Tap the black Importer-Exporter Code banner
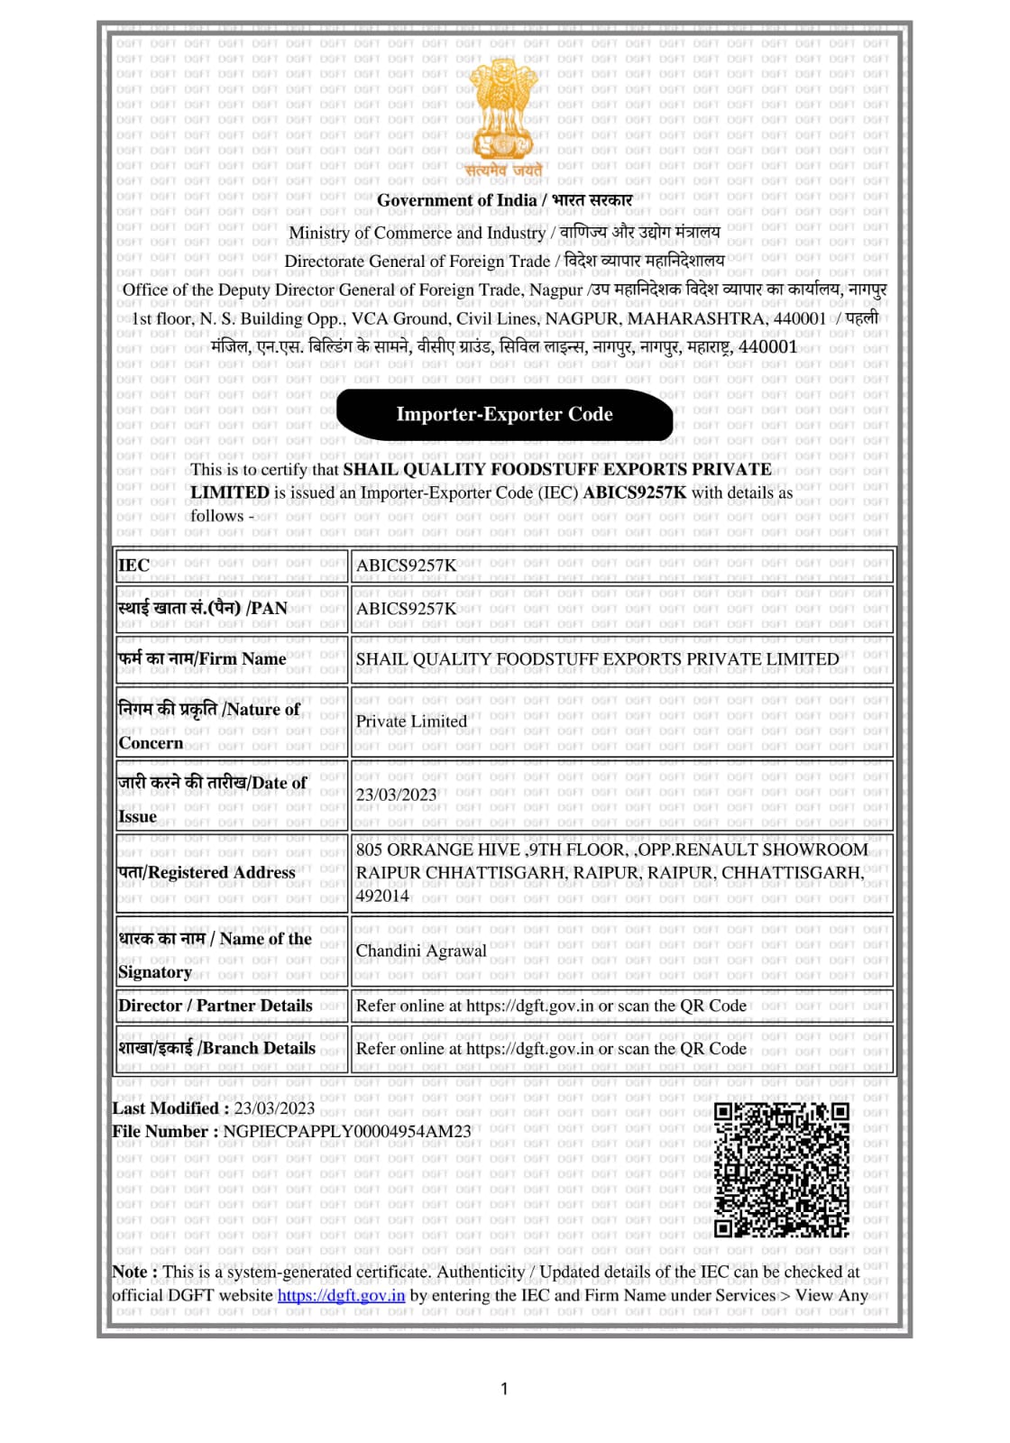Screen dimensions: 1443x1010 coord(504,414)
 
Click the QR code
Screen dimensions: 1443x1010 coord(782,1169)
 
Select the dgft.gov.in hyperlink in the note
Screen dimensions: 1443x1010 coord(341,1295)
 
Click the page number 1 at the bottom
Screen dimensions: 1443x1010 coord(504,1389)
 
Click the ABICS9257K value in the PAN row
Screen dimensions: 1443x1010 coord(406,609)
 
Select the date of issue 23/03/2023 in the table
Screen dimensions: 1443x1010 coord(396,795)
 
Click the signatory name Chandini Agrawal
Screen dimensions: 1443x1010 coord(421,951)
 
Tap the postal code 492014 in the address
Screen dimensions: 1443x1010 coord(382,896)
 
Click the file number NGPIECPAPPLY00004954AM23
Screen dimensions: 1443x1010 coord(347,1131)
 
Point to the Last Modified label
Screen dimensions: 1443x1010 coord(166,1108)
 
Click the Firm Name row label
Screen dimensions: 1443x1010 coord(202,659)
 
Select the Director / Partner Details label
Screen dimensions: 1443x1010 coord(216,1006)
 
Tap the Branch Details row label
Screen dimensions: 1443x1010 coord(217,1048)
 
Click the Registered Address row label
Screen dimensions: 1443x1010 coord(207,872)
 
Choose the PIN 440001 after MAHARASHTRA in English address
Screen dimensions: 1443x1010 coord(798,318)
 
